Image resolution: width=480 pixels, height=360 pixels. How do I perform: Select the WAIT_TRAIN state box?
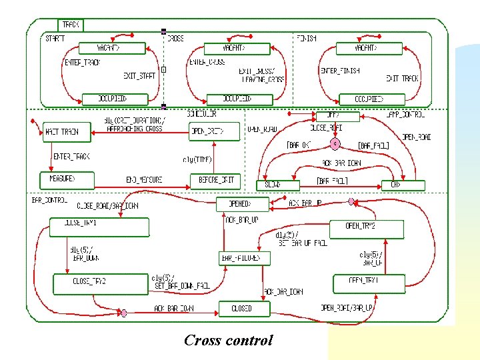(61, 132)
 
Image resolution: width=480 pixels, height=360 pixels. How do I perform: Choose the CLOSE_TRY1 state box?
(99, 227)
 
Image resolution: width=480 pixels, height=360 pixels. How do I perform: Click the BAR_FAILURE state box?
(245, 257)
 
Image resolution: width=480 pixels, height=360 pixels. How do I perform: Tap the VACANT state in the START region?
(111, 48)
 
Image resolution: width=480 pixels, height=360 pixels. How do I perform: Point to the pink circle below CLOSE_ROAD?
(334, 143)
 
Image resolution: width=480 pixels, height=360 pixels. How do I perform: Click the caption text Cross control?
(228, 341)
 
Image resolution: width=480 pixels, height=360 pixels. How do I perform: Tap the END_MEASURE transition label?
(144, 180)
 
